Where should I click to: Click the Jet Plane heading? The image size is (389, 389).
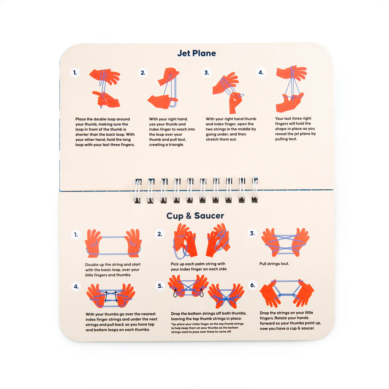coord(196,53)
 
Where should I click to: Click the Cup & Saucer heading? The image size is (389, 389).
coord(195,216)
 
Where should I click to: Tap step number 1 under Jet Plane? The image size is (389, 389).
coord(75,73)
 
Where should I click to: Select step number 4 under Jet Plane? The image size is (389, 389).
coord(261,72)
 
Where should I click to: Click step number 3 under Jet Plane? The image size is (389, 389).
coord(206,73)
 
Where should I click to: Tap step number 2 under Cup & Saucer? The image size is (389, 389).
coord(160,234)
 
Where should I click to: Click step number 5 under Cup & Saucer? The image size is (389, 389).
coord(160,286)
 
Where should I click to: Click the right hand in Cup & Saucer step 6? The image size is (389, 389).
coord(304,293)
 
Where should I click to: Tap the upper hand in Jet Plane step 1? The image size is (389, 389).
coord(105,76)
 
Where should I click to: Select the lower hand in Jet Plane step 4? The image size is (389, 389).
coord(289,103)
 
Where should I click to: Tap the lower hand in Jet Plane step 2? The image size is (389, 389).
coord(161,101)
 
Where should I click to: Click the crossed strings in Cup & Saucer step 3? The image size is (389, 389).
coord(285,242)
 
